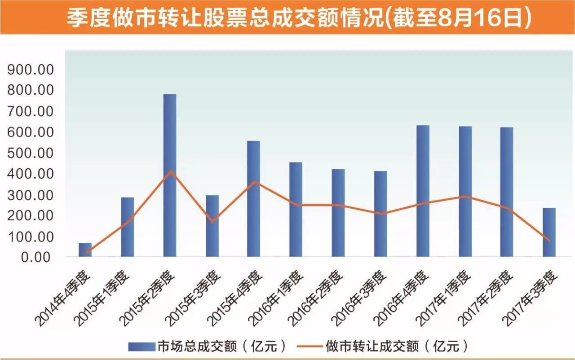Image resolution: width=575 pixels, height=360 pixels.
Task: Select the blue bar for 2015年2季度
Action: click(170, 176)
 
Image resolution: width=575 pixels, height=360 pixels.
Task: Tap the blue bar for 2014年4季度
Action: click(85, 250)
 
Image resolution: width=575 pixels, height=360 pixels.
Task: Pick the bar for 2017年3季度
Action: click(548, 233)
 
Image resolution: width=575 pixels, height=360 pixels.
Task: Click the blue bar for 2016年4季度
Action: click(423, 191)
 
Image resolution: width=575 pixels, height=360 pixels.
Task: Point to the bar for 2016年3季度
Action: click(380, 214)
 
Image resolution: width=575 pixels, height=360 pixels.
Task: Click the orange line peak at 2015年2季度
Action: click(170, 171)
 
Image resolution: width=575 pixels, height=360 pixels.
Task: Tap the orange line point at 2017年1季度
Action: click(466, 196)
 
